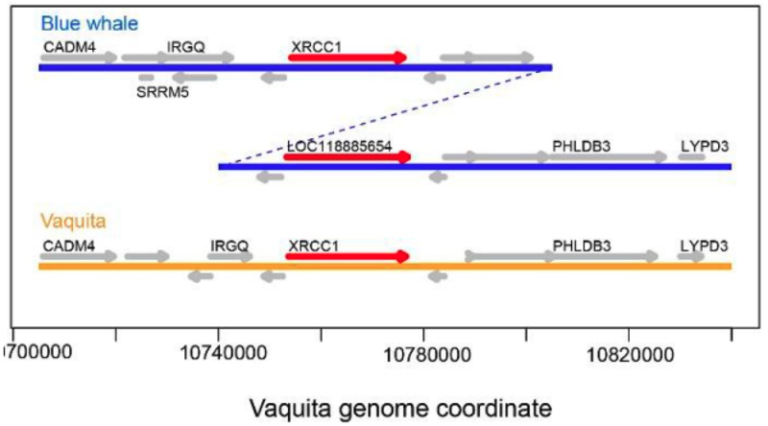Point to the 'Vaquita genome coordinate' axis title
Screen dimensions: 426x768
400,407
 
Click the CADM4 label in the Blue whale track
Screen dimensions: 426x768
69,45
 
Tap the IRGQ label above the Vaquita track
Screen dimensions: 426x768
228,245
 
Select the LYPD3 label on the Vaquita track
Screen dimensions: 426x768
704,245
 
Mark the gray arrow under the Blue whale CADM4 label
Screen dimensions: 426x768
79,58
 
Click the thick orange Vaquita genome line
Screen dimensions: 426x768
384,266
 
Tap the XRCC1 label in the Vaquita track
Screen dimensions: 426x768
314,245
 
